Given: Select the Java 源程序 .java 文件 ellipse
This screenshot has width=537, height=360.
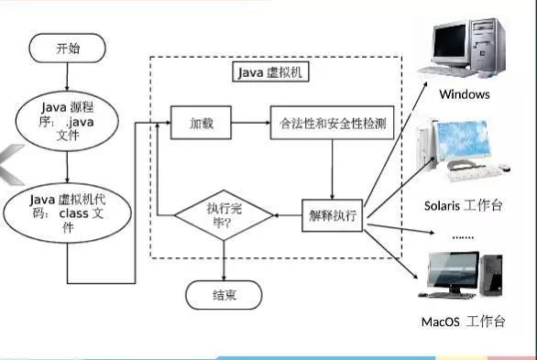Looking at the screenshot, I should tap(67, 121).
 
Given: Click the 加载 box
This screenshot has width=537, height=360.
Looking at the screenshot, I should tap(201, 121).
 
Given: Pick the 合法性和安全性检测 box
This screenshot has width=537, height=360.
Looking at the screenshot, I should tap(332, 121).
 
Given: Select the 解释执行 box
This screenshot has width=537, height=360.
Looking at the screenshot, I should tap(333, 216).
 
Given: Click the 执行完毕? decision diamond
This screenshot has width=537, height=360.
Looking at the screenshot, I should tap(225, 215).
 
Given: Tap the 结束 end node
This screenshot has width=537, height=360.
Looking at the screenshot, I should tap(225, 295).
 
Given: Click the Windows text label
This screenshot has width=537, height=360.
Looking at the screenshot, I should tap(464, 94).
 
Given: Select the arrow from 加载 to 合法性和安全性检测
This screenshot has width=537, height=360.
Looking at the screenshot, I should tap(250, 121).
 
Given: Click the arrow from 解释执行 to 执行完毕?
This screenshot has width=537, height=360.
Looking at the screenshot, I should tap(289, 216).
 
